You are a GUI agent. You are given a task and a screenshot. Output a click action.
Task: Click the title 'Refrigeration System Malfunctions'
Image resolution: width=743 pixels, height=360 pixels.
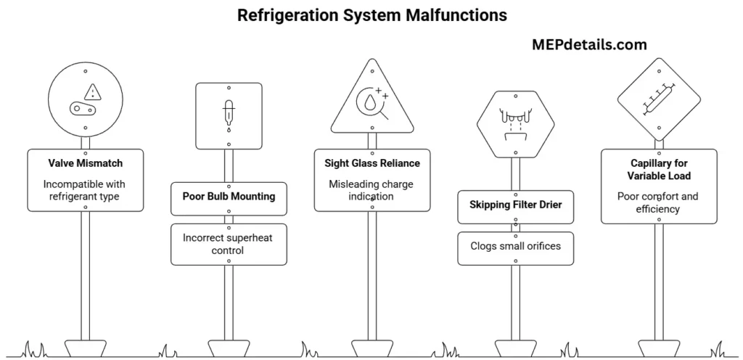372,15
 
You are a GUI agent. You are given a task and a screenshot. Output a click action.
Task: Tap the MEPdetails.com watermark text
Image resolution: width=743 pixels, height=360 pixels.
588,45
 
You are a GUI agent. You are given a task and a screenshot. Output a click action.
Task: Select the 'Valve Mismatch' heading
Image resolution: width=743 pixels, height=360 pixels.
86,163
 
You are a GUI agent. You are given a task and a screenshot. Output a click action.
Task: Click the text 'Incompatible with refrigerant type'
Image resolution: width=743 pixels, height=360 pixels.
86,190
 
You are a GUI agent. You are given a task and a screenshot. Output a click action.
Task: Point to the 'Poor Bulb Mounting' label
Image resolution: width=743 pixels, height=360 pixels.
229,197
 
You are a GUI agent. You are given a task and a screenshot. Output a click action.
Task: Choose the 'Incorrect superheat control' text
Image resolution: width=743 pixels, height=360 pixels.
229,244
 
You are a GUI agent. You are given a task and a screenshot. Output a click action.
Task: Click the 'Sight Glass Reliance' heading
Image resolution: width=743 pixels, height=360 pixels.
372,163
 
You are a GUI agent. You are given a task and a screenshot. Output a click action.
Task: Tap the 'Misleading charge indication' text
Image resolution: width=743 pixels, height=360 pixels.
372,190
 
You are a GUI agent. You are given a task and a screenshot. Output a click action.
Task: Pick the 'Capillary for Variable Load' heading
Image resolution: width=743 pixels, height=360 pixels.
659,170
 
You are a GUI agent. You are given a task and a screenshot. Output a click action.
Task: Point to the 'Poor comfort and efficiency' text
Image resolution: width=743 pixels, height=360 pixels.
659,202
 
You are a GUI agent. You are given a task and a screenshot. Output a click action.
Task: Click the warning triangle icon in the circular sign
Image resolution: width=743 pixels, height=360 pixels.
92,91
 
